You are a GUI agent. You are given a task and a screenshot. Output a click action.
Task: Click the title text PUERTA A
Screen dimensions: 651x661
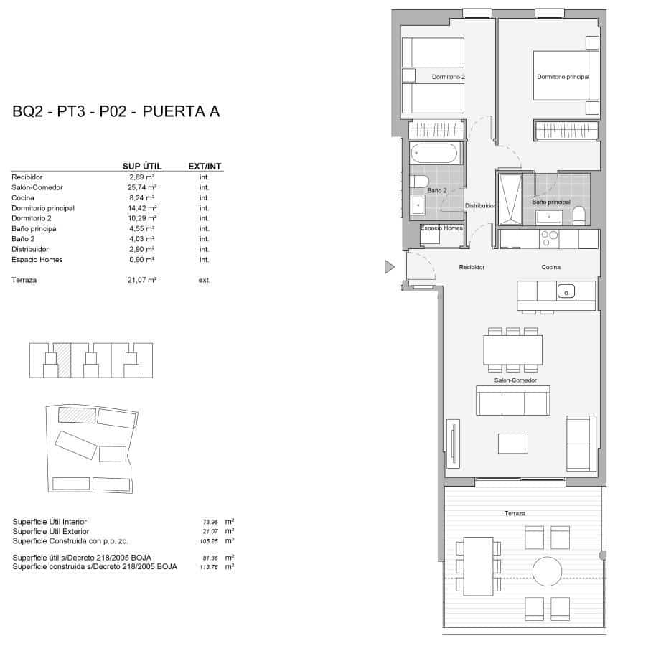(181, 111)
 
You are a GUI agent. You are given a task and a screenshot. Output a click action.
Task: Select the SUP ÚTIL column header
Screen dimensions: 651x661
(140, 167)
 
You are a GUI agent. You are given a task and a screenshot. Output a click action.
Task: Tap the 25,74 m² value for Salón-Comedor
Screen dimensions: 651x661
(142, 187)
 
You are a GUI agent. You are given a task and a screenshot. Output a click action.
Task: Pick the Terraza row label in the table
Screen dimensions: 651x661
(24, 280)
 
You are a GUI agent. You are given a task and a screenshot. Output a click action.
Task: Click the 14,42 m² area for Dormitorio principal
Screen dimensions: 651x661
(142, 208)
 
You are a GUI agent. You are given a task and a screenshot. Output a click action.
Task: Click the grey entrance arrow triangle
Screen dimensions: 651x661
(389, 268)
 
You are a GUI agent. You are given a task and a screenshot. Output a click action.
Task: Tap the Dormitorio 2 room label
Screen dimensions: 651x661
(449, 77)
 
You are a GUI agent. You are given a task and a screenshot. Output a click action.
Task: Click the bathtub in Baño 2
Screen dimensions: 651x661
(433, 154)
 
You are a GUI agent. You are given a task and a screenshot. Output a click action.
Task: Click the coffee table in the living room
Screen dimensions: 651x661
(512, 443)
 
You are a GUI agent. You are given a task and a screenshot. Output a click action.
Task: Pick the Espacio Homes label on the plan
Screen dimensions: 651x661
(441, 228)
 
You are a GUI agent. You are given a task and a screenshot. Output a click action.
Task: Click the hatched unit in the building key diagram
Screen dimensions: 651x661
(62, 359)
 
